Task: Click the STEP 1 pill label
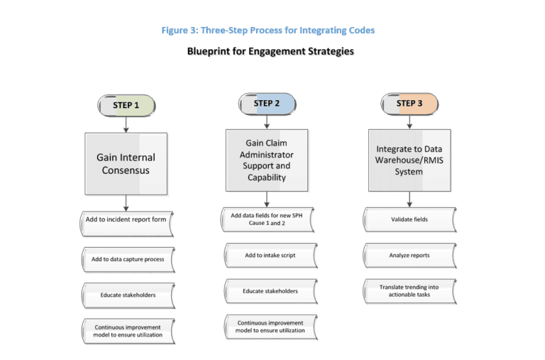point(126,105)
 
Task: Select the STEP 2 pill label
point(267,104)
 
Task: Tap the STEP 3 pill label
point(409,104)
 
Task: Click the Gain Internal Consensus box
point(126,163)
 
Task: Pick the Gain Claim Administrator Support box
point(267,160)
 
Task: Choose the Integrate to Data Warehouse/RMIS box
point(409,160)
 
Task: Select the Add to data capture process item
point(127,259)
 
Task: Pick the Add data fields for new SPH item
point(267,219)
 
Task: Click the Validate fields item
point(409,219)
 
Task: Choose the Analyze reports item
point(409,255)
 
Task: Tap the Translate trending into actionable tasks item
point(409,290)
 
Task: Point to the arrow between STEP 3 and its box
point(409,122)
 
